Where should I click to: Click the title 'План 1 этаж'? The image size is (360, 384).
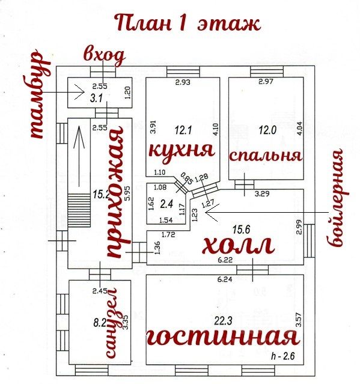pos(188,23)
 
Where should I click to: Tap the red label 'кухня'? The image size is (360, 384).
pos(182,150)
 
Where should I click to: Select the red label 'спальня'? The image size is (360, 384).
pos(265,156)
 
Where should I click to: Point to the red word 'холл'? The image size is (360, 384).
pos(238,245)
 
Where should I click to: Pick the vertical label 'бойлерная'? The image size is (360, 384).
pos(338,198)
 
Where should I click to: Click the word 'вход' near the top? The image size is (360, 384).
pos(104,56)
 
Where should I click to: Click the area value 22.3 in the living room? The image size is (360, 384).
pos(223,320)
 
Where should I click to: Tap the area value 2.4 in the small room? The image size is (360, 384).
pos(166,204)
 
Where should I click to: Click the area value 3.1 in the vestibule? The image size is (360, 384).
pos(96,99)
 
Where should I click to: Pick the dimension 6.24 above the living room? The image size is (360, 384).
pos(225,279)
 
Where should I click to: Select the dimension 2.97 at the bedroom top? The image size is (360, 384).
pos(266,81)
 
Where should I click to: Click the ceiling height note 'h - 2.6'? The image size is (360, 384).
pos(282,356)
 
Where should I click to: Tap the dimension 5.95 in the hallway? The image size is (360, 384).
pos(127,194)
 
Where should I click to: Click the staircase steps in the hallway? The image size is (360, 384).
pos(79,210)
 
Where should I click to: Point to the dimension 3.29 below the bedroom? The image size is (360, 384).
pos(262,194)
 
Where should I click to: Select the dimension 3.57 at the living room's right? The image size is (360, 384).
pos(298,320)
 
